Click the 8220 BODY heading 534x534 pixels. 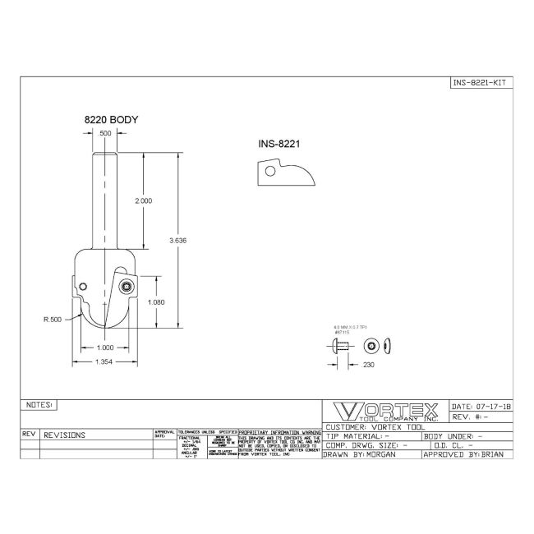click(111, 119)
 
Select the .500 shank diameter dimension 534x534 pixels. click(104, 133)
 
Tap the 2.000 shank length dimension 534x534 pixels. click(144, 200)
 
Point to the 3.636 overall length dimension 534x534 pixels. click(177, 240)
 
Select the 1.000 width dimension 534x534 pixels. click(104, 348)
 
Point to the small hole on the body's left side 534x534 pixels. click(84, 286)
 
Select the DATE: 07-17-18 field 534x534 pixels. click(481, 406)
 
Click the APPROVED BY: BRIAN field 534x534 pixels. click(467, 453)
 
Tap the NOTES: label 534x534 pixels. click(40, 405)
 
